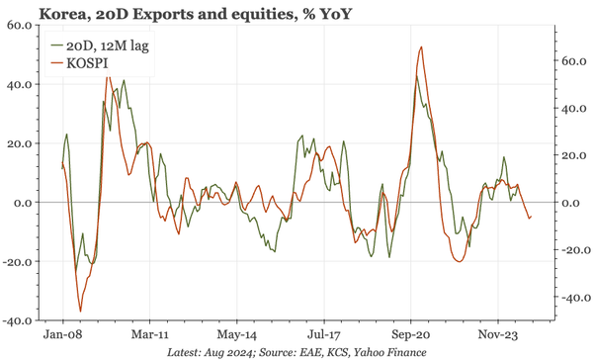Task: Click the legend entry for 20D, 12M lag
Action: pyautogui.click(x=99, y=45)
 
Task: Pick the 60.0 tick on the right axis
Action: pyautogui.click(x=576, y=60)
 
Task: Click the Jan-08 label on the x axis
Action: pyautogui.click(x=62, y=335)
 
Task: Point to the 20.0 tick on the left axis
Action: pyautogui.click(x=20, y=143)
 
